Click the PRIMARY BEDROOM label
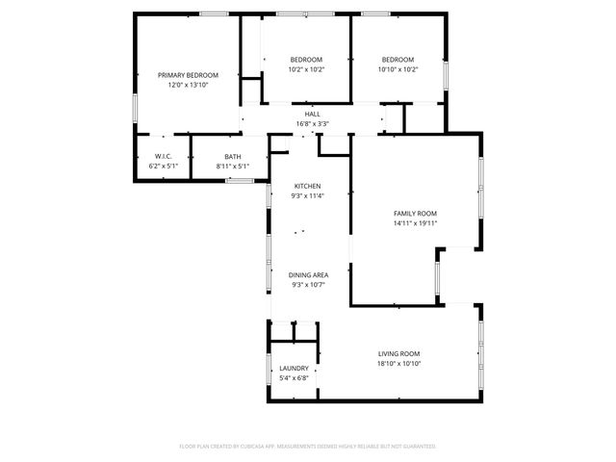pos(188,75)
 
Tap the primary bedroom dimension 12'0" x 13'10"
pos(188,85)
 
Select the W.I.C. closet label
pos(163,156)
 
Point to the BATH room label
pos(233,156)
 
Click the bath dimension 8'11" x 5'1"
pos(233,166)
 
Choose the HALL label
pos(312,114)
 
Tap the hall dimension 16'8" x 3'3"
pos(312,123)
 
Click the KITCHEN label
pos(307,186)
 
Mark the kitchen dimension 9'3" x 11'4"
pos(307,195)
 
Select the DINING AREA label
pos(307,275)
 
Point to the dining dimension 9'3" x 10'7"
pos(307,285)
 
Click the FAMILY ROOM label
pos(415,213)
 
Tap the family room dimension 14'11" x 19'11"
pos(415,222)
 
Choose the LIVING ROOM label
pos(398,353)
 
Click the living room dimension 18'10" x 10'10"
pos(398,363)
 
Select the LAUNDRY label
pos(294,368)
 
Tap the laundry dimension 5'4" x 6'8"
pos(294,377)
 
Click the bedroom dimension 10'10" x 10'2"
pos(397,69)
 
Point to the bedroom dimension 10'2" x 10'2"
pos(306,69)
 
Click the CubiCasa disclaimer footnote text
pos(308,447)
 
